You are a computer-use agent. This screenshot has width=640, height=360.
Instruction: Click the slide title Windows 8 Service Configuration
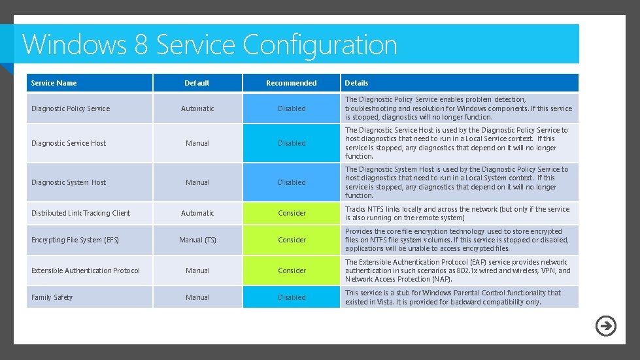209,44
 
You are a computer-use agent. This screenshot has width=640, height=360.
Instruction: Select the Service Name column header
54,83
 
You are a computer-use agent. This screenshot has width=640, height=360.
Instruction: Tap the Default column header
197,83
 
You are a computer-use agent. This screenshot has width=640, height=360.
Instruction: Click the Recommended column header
292,83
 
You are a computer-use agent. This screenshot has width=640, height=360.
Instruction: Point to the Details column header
356,83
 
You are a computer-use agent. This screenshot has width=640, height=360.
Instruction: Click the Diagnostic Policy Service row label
71,108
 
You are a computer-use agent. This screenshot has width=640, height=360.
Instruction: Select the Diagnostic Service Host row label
69,143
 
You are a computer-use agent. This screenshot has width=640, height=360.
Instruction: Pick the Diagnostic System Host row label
69,182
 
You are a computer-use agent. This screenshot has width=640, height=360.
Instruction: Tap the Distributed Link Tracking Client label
80,213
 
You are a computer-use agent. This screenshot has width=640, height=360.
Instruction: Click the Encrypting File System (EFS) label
75,240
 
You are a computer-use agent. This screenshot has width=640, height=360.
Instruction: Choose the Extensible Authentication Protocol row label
86,270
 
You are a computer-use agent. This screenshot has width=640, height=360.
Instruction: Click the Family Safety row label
52,297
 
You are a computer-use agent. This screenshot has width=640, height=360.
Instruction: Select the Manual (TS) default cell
197,240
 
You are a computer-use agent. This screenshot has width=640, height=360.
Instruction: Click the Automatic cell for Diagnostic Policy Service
197,108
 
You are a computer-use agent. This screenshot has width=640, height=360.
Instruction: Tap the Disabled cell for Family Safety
292,297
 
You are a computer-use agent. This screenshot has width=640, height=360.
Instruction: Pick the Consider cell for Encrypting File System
292,240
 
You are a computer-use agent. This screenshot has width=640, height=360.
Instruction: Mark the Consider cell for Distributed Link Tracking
292,213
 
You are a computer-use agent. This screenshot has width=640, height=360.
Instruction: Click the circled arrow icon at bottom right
605,325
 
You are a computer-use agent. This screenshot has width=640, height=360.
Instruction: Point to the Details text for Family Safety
452,297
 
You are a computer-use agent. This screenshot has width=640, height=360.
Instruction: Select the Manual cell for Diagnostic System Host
197,182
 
